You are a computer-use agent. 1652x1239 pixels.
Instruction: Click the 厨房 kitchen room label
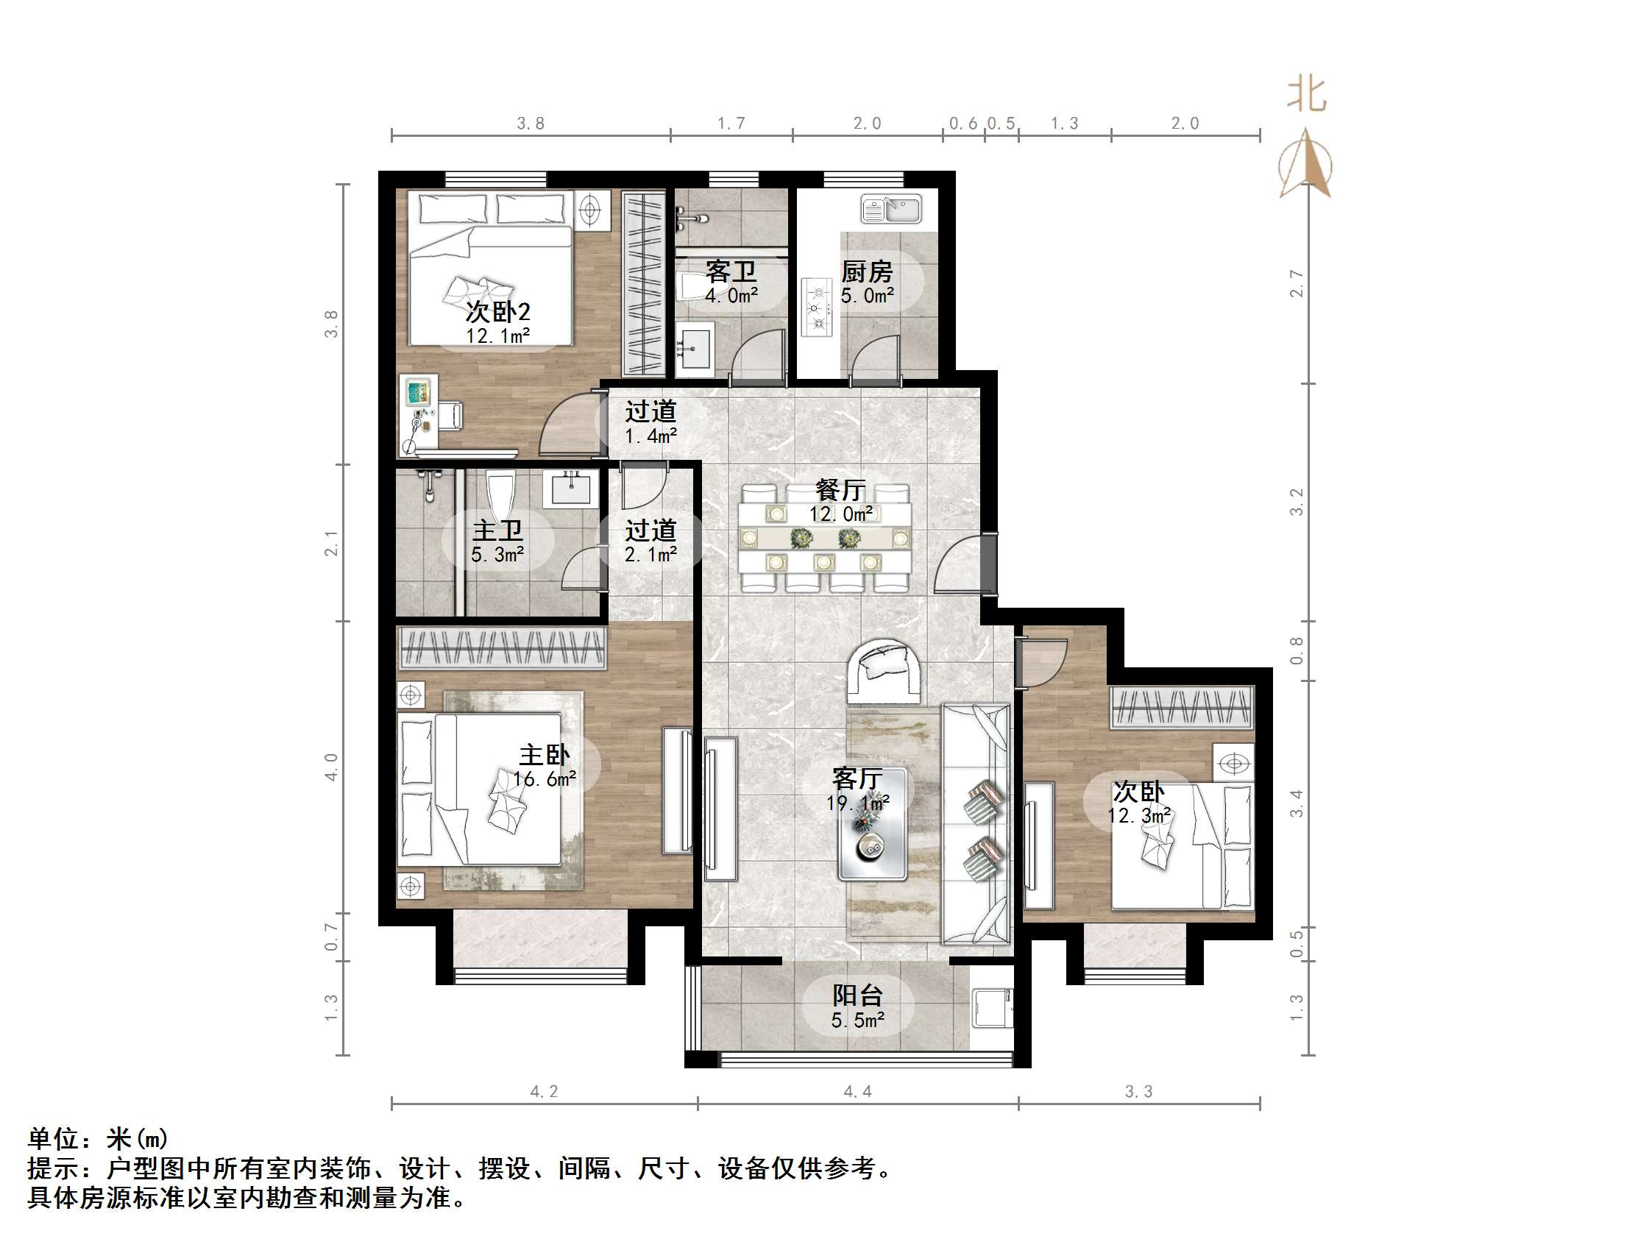866,271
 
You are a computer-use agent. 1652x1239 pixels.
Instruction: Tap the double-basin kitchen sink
891,208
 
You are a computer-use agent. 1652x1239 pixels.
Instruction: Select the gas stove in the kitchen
816,307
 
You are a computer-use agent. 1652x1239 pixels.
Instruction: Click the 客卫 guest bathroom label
731,271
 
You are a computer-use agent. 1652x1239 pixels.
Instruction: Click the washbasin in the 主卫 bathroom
571,489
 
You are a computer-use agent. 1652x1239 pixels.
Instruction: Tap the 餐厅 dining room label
840,490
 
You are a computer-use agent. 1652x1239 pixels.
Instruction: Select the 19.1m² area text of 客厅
857,803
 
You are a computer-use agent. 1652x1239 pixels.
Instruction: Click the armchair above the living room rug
883,670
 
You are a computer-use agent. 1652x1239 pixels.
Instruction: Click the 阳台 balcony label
857,995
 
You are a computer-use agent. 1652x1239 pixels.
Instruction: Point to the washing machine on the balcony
993,1007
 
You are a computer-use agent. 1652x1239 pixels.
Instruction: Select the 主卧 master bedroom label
545,755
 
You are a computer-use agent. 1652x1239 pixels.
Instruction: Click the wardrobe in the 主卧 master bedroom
502,647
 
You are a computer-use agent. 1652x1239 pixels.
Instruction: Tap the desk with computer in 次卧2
420,415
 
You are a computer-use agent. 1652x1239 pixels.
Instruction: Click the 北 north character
1306,96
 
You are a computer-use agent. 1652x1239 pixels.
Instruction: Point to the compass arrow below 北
1305,164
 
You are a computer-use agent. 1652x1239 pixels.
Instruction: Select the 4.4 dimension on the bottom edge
857,1092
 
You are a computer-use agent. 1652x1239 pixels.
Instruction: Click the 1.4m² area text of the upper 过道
650,436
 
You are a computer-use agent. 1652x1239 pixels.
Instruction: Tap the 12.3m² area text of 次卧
1139,816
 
